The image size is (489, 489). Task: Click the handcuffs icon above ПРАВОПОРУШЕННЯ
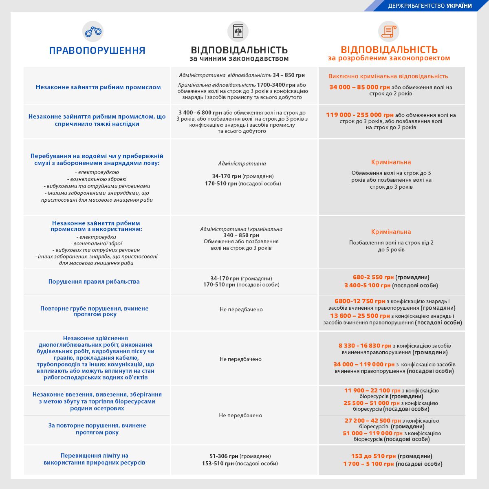(x=93, y=31)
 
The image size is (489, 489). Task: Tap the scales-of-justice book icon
(x=238, y=31)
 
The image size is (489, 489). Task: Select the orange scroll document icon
(x=389, y=31)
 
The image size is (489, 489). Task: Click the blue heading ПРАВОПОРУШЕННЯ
(x=97, y=51)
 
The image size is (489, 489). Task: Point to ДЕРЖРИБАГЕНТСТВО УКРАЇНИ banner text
(x=430, y=6)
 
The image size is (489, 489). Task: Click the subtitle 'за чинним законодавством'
(x=239, y=59)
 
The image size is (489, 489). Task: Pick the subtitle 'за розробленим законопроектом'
(x=389, y=58)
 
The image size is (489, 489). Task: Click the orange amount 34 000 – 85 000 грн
(x=359, y=87)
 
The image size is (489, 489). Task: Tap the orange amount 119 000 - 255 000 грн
(x=359, y=115)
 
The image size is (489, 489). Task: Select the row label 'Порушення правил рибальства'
(x=94, y=282)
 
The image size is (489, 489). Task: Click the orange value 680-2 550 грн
(x=373, y=277)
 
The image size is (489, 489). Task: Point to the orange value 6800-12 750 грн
(x=360, y=301)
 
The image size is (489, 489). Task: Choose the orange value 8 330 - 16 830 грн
(x=365, y=346)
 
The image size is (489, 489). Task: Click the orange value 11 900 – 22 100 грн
(x=372, y=390)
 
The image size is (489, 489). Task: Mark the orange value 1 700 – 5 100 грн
(x=368, y=464)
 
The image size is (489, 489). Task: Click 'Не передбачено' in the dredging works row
(x=240, y=359)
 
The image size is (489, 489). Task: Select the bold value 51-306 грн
(x=224, y=456)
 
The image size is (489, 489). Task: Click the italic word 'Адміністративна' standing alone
(x=242, y=163)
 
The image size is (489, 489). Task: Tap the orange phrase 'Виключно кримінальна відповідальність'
(x=388, y=76)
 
